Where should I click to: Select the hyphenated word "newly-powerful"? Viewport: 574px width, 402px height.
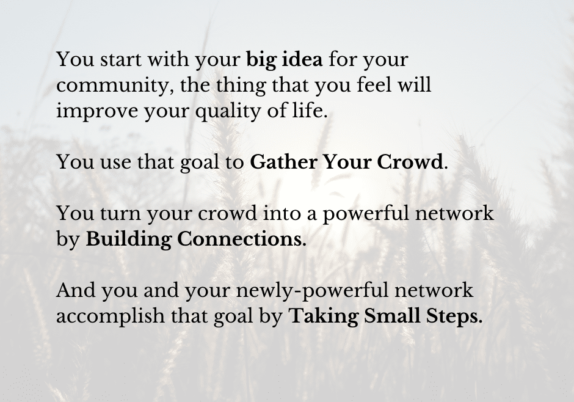[x=312, y=291]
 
